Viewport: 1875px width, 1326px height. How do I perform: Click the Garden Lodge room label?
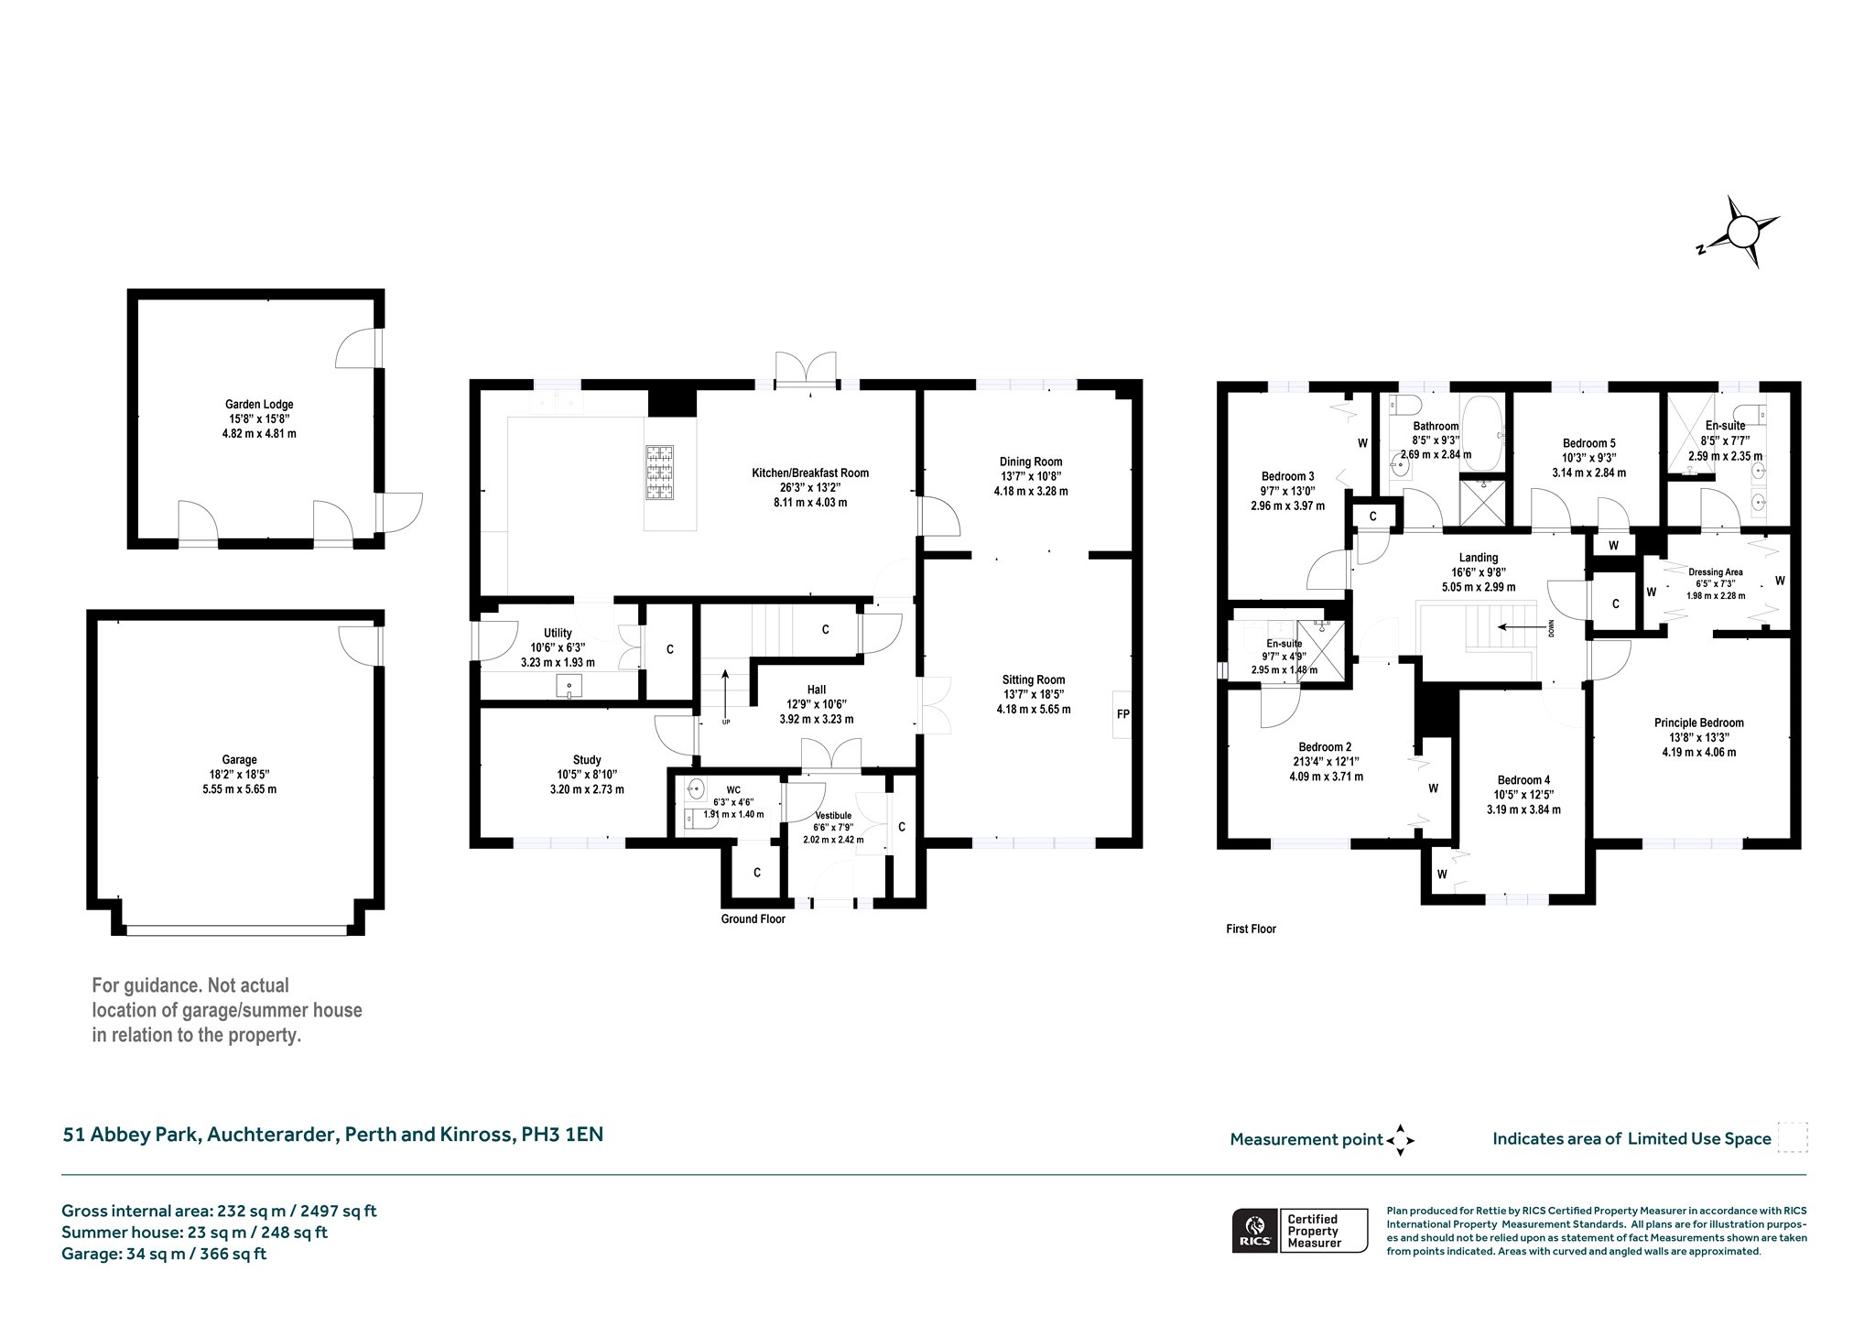click(259, 404)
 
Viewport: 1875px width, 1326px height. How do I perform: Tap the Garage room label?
click(239, 759)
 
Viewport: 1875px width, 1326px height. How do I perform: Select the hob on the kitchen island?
click(659, 473)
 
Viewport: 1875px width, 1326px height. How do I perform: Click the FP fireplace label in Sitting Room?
click(1122, 713)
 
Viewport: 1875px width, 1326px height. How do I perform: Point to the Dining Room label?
click(1031, 462)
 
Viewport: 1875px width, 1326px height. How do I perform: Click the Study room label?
click(587, 759)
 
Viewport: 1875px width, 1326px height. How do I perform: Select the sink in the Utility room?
click(569, 686)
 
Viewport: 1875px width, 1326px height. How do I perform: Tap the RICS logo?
click(1253, 1230)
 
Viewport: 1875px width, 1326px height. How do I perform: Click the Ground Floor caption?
click(753, 918)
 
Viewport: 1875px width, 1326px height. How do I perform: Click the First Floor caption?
click(1251, 929)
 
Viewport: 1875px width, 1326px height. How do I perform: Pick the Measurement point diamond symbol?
click(1401, 1140)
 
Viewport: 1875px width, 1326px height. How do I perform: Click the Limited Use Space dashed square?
click(1792, 1136)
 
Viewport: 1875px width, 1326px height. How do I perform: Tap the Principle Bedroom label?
click(1698, 723)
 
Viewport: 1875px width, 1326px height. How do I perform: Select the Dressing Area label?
click(1715, 572)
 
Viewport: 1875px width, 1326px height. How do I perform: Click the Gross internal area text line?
click(219, 1211)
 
